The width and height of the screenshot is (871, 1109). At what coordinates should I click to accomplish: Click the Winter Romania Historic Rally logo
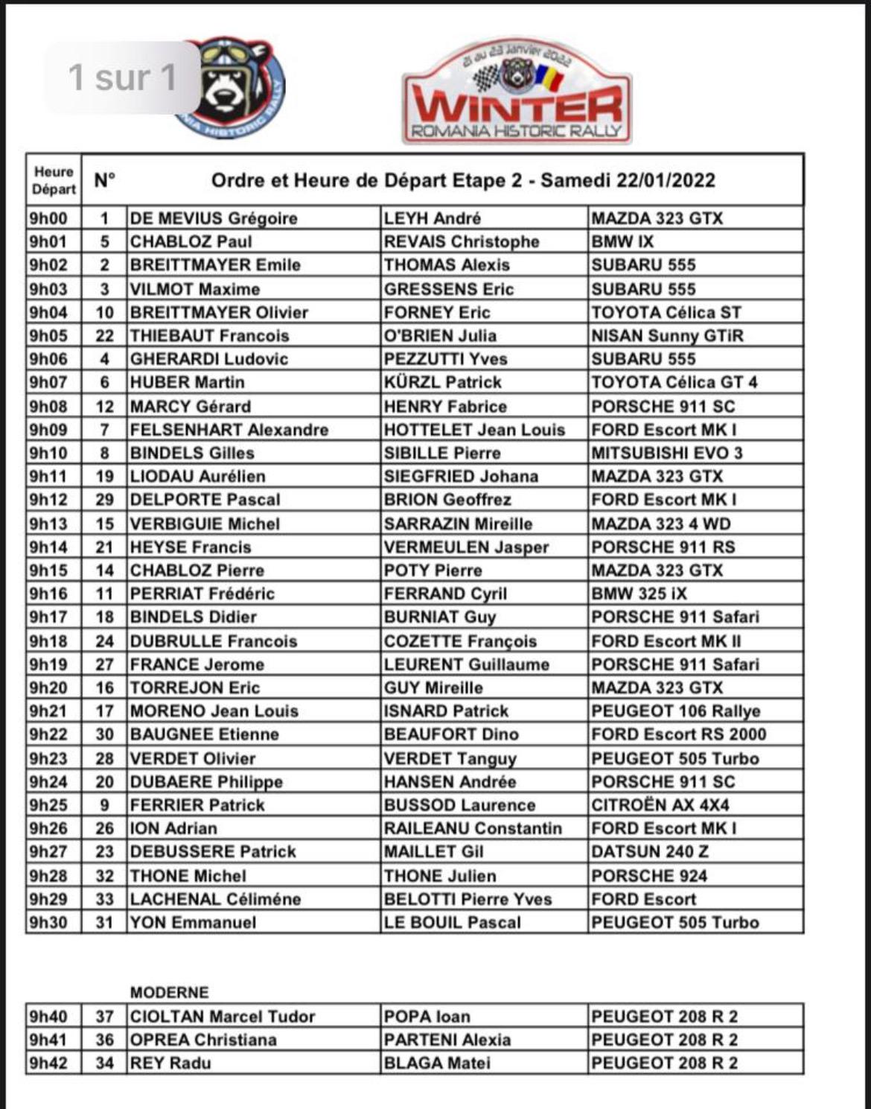(517, 92)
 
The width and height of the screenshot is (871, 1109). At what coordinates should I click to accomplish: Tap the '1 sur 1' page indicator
(123, 77)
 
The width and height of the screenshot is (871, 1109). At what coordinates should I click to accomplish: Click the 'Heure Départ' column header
(54, 180)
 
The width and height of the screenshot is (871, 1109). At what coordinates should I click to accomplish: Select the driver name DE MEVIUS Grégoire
(214, 218)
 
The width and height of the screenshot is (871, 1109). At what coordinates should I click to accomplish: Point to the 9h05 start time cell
(48, 336)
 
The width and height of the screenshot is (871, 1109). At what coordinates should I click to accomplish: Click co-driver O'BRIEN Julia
(440, 336)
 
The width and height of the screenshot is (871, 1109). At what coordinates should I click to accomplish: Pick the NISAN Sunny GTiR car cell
(667, 336)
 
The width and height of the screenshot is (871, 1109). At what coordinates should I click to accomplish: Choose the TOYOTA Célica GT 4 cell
(674, 382)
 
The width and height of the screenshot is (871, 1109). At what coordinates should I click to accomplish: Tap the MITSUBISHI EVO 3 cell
(667, 453)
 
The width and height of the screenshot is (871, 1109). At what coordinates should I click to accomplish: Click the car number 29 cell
(104, 500)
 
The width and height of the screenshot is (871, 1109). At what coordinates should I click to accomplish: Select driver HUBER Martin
(187, 382)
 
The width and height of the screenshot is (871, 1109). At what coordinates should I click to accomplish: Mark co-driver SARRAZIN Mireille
(458, 524)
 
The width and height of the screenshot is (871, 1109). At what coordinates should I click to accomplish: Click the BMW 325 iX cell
(639, 594)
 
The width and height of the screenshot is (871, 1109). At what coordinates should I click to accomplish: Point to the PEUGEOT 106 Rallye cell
(675, 711)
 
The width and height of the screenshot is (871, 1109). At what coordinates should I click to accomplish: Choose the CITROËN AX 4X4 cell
(660, 805)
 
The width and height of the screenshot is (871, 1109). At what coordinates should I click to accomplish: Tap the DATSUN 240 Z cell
(649, 852)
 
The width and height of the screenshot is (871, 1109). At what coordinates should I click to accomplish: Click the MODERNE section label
(170, 992)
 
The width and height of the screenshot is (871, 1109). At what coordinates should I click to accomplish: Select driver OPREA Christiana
(203, 1040)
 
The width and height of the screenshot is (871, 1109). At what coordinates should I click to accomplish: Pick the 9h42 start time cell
(48, 1064)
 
